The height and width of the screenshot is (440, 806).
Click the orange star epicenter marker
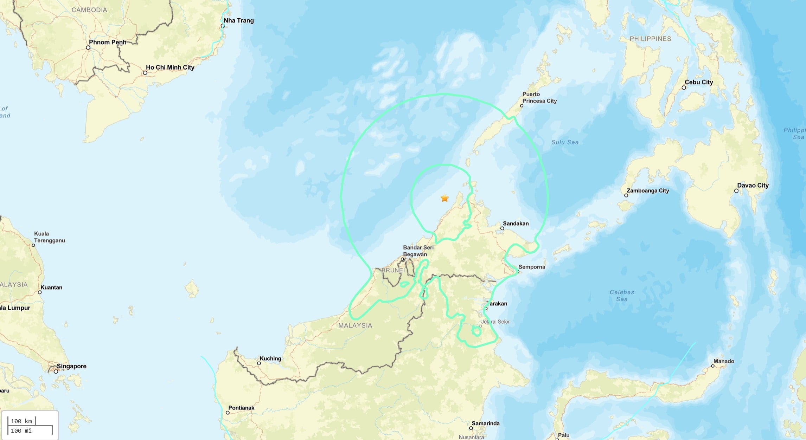pos(444,198)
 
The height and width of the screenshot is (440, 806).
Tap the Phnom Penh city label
pos(107,42)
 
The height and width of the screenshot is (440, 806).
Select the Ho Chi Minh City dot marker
pos(145,73)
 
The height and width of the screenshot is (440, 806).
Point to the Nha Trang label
pos(238,20)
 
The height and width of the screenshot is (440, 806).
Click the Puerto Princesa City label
pos(539,97)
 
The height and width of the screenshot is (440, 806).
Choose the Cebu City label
pos(698,82)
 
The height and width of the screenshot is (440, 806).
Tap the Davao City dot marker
pos(736,191)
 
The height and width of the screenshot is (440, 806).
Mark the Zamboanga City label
pos(647,190)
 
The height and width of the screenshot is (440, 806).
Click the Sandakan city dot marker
pos(502,228)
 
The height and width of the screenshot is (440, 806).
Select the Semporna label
pos(531,267)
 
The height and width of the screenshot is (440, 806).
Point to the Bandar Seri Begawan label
pos(418,251)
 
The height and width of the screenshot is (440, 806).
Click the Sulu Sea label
pos(565,142)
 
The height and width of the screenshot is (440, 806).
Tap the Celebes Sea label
pos(622,296)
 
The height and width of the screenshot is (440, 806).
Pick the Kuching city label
pos(270,358)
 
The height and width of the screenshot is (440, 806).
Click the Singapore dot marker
pos(56,371)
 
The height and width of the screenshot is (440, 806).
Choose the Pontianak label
pos(241,408)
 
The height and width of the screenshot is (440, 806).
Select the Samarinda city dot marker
pos(471,428)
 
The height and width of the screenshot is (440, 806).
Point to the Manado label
pos(724,361)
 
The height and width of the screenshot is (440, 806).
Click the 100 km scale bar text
pos(21,421)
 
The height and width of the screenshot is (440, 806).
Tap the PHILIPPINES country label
pos(650,39)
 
